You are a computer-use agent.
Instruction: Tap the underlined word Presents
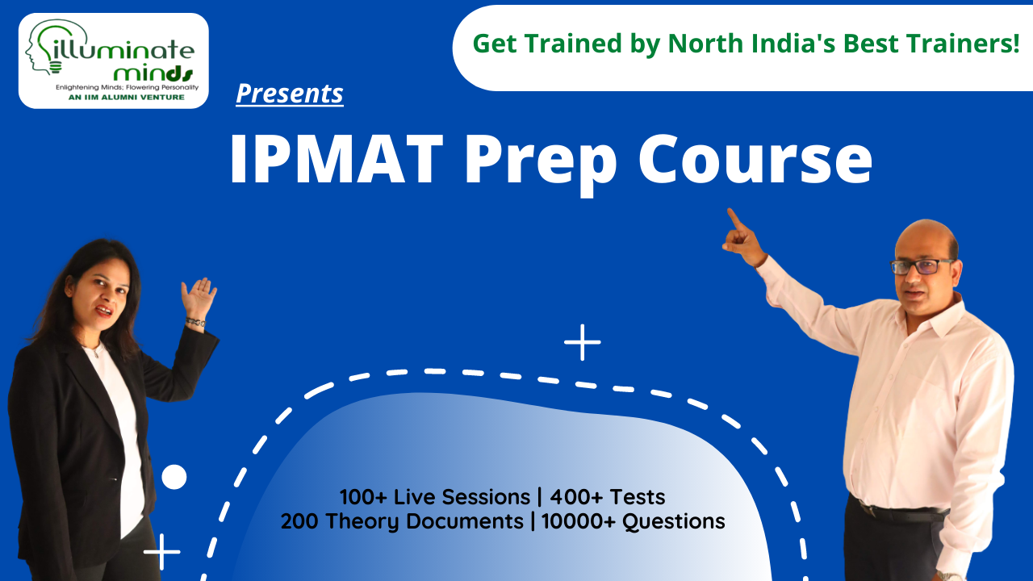pyautogui.click(x=290, y=94)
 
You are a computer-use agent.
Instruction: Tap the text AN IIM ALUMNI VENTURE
pyautogui.click(x=127, y=98)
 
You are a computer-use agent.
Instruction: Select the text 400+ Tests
pyautogui.click(x=608, y=497)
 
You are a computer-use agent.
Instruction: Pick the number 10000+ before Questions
pyautogui.click(x=579, y=521)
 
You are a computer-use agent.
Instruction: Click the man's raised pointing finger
pyautogui.click(x=734, y=219)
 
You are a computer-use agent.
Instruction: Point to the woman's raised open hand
pyautogui.click(x=199, y=298)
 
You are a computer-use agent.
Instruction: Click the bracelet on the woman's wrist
pyautogui.click(x=195, y=322)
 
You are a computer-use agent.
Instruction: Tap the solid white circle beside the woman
pyautogui.click(x=174, y=477)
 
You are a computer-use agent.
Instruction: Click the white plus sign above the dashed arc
pyautogui.click(x=583, y=342)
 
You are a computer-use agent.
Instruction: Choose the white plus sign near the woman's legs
pyautogui.click(x=162, y=551)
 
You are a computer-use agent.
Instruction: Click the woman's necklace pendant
pyautogui.click(x=96, y=353)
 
